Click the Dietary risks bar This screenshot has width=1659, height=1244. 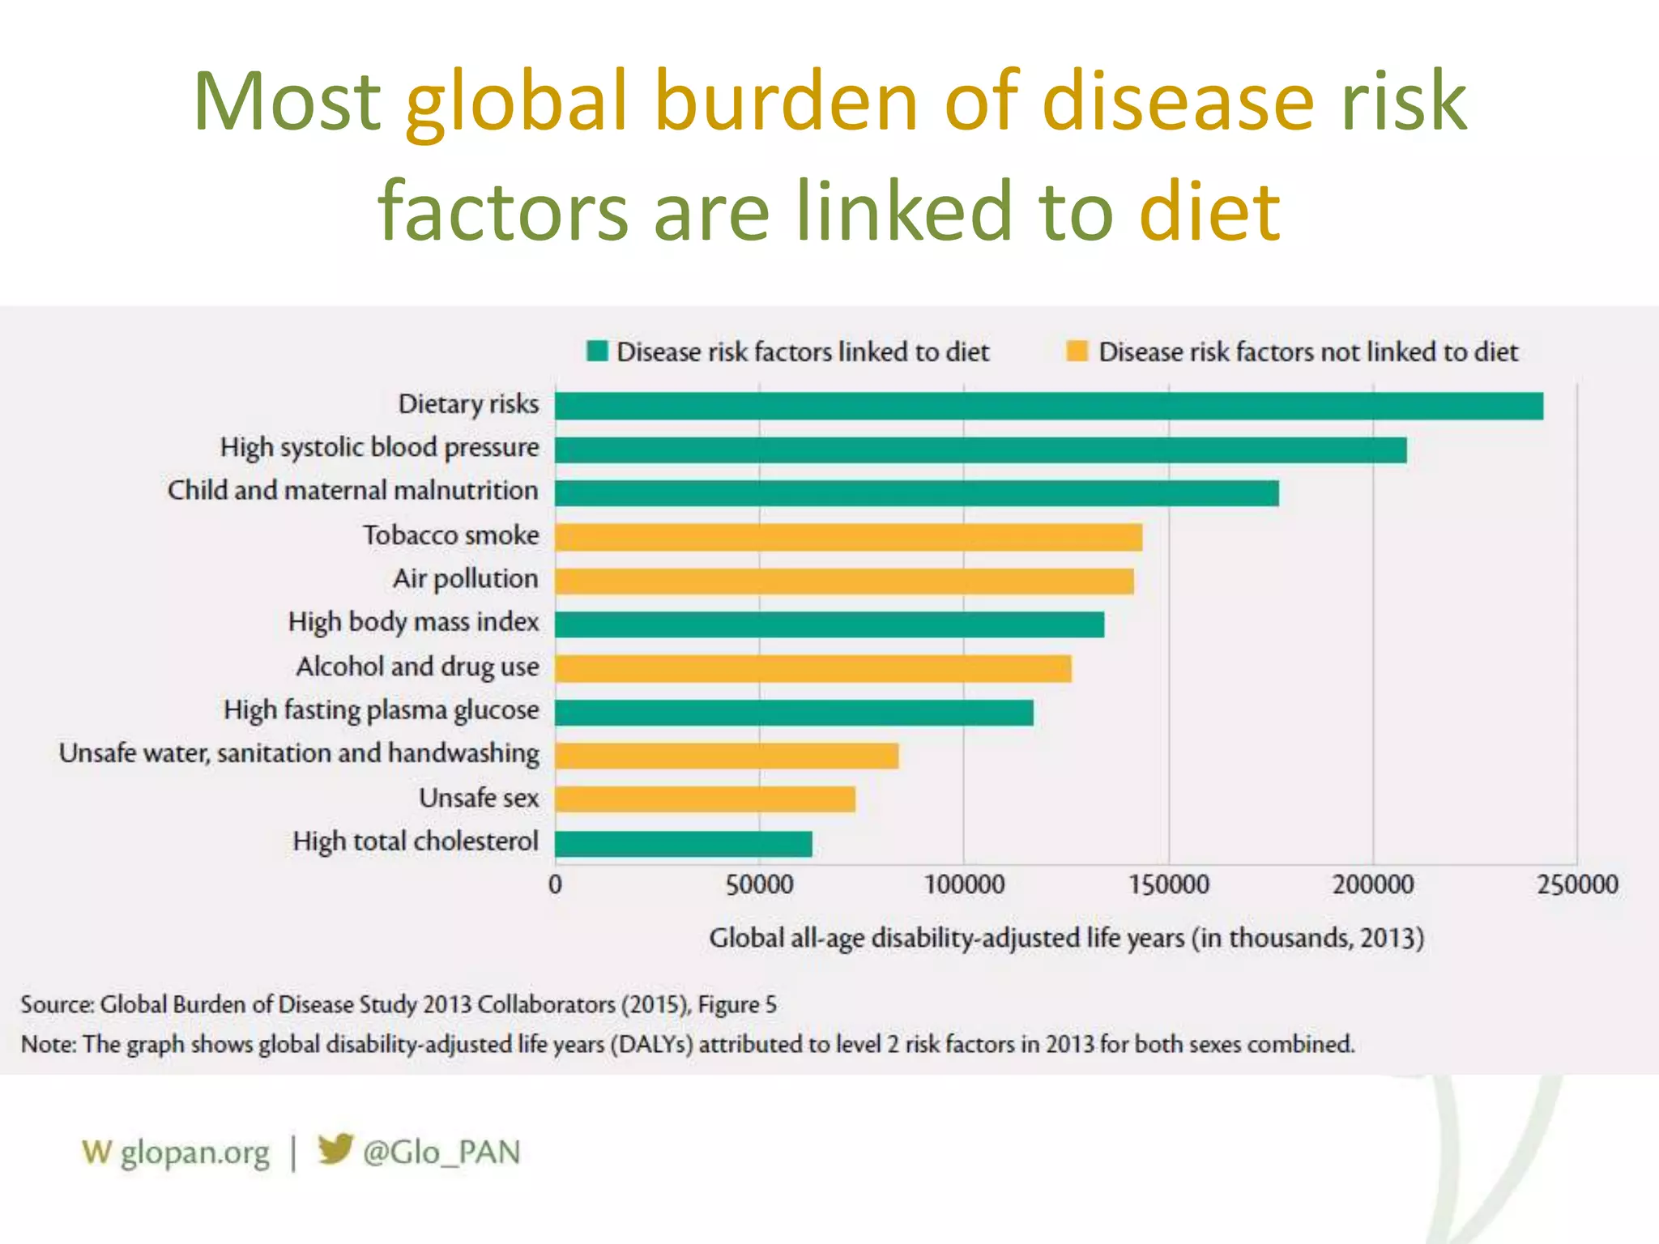click(1048, 406)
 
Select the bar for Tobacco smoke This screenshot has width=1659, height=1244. click(848, 537)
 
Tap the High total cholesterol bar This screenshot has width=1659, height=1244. click(683, 844)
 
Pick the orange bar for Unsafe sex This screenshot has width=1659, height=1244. click(705, 799)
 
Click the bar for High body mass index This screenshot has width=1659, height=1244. click(829, 624)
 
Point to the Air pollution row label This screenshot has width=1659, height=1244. click(466, 579)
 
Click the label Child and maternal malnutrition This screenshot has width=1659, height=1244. click(352, 491)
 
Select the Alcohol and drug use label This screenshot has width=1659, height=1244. click(417, 667)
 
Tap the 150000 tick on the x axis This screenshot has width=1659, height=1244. click(1168, 884)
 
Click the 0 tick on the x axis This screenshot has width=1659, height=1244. click(555, 884)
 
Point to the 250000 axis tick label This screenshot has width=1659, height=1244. click(1576, 884)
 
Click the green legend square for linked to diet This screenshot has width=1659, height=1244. click(597, 351)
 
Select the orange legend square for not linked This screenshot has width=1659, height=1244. click(1077, 351)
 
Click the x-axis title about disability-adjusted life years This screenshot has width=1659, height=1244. click(1066, 938)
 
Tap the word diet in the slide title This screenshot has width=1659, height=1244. click(1209, 212)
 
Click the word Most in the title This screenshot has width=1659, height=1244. click(287, 102)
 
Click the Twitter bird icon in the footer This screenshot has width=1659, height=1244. click(335, 1149)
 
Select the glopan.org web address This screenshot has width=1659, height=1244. click(194, 1152)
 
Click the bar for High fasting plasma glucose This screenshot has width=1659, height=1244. click(793, 713)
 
